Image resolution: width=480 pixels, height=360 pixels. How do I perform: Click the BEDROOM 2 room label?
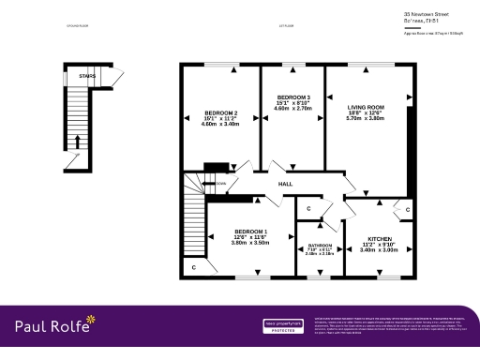[x=220, y=113]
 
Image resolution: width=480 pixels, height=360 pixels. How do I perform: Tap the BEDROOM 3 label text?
[x=293, y=97]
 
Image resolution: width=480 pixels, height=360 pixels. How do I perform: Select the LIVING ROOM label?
[x=365, y=108]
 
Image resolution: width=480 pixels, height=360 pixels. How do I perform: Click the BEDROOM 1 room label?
[x=250, y=232]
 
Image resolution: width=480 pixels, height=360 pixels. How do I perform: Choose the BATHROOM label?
[x=320, y=247]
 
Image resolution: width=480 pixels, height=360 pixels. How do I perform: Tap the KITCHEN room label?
[x=379, y=239]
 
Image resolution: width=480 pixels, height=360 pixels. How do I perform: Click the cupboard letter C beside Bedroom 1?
[x=194, y=268]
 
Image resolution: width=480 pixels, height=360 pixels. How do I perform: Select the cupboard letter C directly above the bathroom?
[x=308, y=208]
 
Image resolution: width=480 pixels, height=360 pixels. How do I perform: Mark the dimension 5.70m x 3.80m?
[x=365, y=119]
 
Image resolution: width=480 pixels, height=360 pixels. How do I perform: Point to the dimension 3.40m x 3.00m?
[x=379, y=250]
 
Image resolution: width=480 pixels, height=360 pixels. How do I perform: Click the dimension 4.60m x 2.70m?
[x=293, y=109]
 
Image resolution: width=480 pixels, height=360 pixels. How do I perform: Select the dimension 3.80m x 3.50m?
[x=250, y=243]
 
